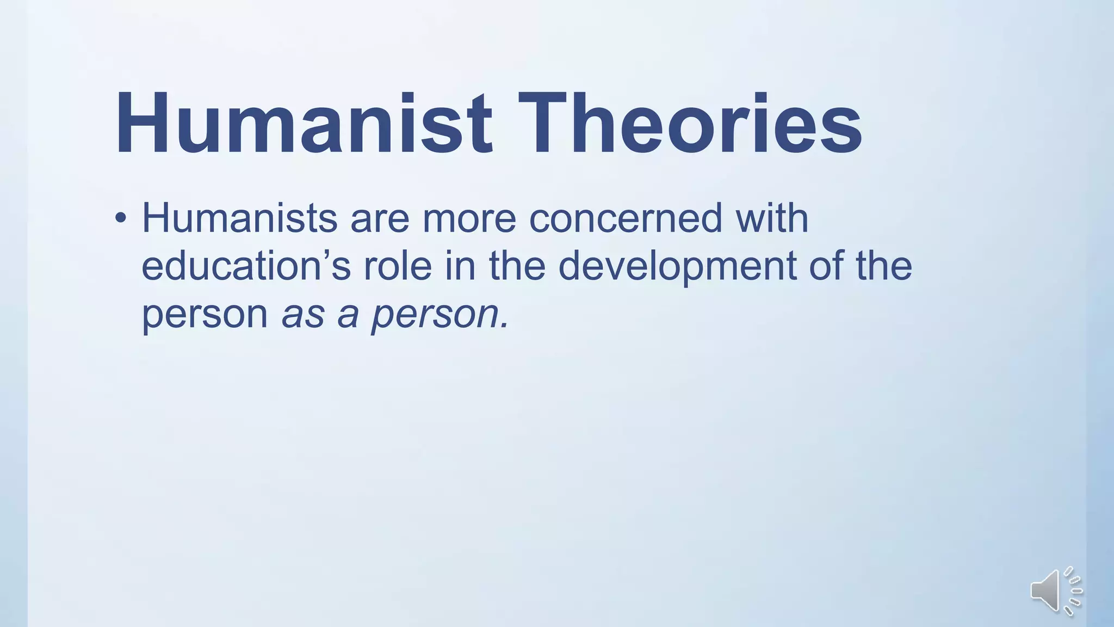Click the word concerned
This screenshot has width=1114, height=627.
point(626,218)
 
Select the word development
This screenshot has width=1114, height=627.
point(677,267)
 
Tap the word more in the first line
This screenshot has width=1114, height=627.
point(469,218)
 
